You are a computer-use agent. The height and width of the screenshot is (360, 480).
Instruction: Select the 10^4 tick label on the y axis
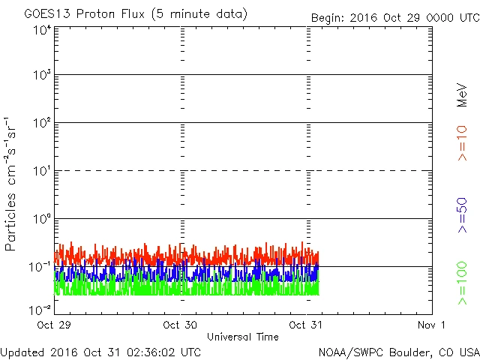pyautogui.click(x=40, y=30)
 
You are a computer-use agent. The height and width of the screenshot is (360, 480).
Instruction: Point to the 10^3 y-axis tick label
pyautogui.click(x=40, y=76)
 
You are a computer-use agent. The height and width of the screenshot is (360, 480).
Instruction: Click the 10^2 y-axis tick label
pyautogui.click(x=40, y=124)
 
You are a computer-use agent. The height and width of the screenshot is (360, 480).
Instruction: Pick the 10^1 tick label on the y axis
pyautogui.click(x=40, y=172)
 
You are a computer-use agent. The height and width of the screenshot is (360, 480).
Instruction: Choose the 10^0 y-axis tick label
pyautogui.click(x=40, y=220)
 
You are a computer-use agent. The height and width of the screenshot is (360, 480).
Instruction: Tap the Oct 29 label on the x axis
pyautogui.click(x=55, y=325)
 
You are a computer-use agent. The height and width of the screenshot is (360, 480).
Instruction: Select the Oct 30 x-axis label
pyautogui.click(x=181, y=325)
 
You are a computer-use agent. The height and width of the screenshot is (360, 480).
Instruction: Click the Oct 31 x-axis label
pyautogui.click(x=307, y=325)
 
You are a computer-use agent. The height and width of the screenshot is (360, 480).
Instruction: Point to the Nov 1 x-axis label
pyautogui.click(x=432, y=325)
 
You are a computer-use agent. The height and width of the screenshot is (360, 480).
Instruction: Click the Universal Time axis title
pyautogui.click(x=243, y=337)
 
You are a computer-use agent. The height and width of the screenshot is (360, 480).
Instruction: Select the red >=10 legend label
pyautogui.click(x=462, y=142)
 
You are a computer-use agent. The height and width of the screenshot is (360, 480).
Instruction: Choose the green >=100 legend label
pyautogui.click(x=462, y=283)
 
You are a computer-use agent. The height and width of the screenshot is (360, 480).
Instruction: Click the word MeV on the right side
pyautogui.click(x=462, y=95)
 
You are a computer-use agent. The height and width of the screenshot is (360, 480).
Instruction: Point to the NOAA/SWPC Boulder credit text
pyautogui.click(x=398, y=351)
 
